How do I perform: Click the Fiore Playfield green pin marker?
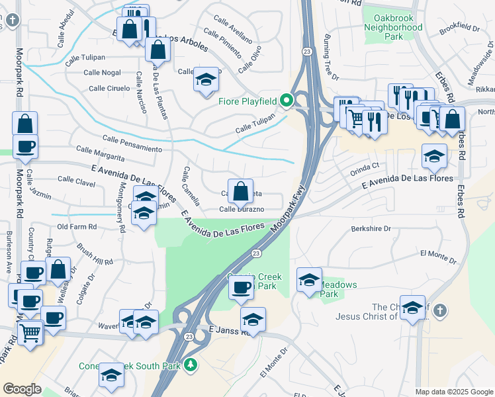point(286,101)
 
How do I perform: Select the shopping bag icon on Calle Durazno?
point(240,190)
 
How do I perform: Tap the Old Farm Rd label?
point(77,226)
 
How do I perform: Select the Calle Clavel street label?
point(77,179)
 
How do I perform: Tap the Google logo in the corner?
point(22,389)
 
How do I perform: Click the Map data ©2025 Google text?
point(453,392)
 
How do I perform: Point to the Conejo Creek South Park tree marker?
point(191,365)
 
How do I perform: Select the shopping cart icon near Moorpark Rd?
point(30,332)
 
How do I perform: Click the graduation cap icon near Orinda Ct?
point(434,156)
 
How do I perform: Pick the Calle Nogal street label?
point(102,73)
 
